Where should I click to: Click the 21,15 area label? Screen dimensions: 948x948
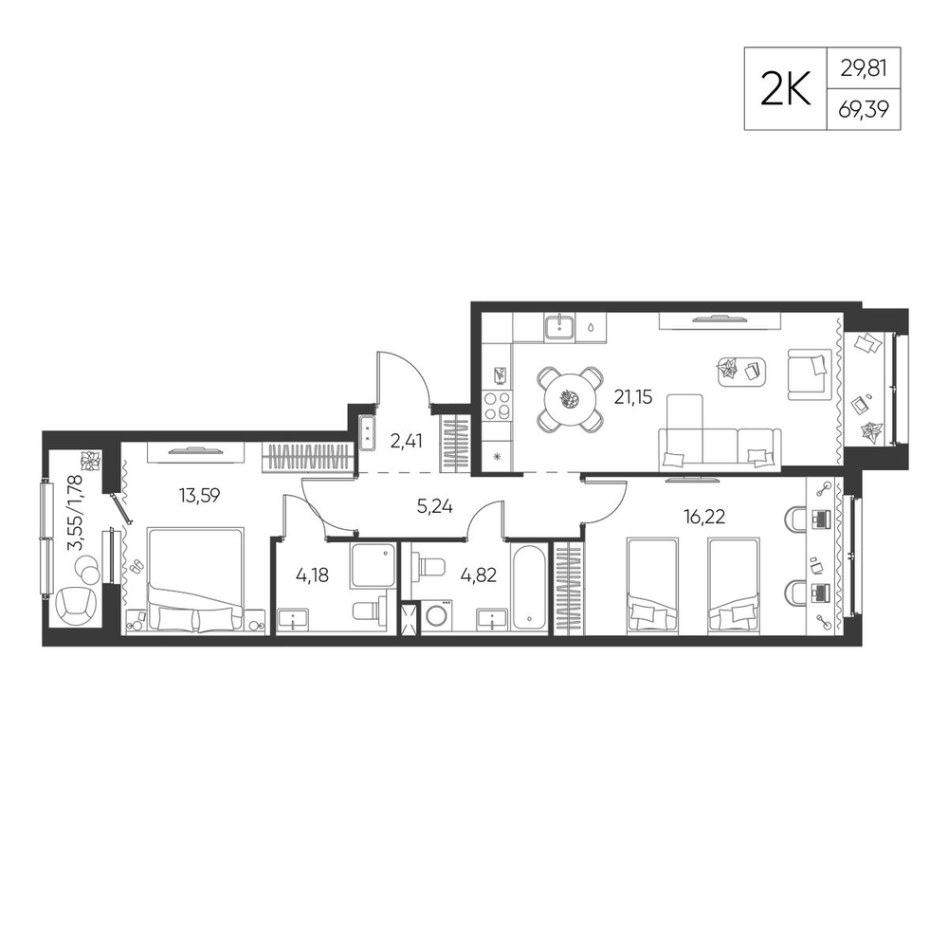click(x=633, y=397)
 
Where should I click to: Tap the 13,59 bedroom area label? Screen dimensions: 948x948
click(x=199, y=496)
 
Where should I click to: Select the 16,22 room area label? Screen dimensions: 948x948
click(x=703, y=517)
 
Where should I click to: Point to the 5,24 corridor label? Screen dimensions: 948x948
click(x=435, y=506)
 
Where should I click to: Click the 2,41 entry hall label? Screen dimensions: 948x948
click(x=406, y=441)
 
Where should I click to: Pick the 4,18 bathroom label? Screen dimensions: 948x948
click(x=312, y=575)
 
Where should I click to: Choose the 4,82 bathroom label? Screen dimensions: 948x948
click(x=478, y=575)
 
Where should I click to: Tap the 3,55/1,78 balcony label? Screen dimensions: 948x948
click(x=75, y=511)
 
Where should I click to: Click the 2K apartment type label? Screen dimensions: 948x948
click(x=785, y=89)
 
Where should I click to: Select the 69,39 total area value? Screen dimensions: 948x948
click(x=864, y=109)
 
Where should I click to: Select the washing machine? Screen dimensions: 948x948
click(x=436, y=616)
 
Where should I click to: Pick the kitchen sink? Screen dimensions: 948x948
click(x=561, y=327)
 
